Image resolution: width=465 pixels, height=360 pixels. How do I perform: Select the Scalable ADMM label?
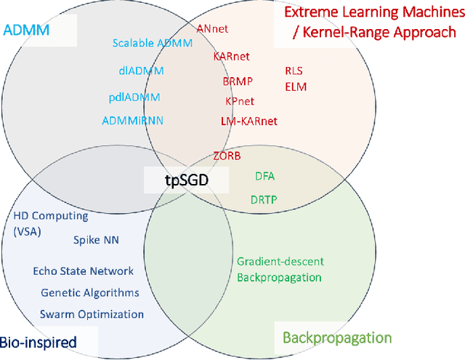pos(153,43)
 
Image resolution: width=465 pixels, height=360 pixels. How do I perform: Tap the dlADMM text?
pos(141,71)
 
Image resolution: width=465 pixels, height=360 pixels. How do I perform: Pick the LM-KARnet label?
pos(248,121)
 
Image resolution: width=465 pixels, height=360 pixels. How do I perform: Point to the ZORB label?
pos(227,156)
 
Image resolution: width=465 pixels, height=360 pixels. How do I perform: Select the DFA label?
pos(264,176)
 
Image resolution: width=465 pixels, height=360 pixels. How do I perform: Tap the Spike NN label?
pos(95,239)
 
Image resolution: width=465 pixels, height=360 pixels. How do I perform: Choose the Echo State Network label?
pos(84,271)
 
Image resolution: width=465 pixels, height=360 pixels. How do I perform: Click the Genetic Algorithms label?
pos(90,293)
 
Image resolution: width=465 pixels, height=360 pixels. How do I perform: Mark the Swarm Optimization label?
pos(92,314)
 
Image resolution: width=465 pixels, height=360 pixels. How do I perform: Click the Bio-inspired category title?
pos(39,342)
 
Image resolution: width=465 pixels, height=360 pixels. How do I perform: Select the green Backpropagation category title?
pos(336,337)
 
